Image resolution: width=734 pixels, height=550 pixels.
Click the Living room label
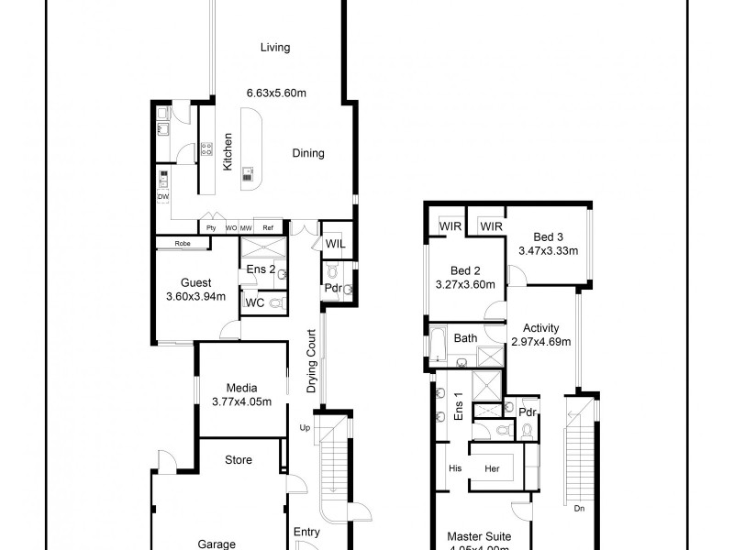(x=274, y=48)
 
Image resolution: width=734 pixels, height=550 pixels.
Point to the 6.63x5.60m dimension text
(x=276, y=93)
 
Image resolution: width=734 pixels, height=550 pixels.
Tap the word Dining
(x=308, y=153)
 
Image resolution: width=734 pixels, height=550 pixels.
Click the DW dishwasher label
(x=163, y=197)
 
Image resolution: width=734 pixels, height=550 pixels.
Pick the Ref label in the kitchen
(x=269, y=227)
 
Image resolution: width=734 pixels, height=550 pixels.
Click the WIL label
(x=335, y=244)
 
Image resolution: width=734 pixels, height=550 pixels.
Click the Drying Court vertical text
(x=312, y=361)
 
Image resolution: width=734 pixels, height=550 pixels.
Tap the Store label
(x=238, y=460)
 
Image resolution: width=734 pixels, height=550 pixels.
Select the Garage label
(x=217, y=543)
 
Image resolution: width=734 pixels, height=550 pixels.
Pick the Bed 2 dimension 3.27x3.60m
(x=464, y=284)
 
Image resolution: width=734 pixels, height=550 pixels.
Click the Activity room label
(x=540, y=328)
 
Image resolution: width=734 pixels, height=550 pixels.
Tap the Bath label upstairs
(x=466, y=338)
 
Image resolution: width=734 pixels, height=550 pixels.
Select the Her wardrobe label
(x=493, y=467)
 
